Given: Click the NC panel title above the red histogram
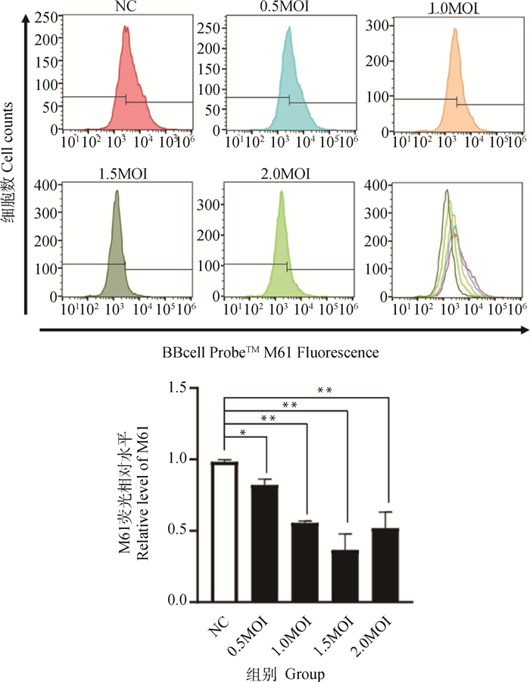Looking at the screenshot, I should [126, 8].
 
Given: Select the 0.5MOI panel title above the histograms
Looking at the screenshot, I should [288, 8].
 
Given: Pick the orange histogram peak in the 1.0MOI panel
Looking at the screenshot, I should [454, 31].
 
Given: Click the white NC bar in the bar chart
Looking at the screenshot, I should [225, 530].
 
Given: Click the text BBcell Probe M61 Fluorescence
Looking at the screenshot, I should [270, 353].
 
